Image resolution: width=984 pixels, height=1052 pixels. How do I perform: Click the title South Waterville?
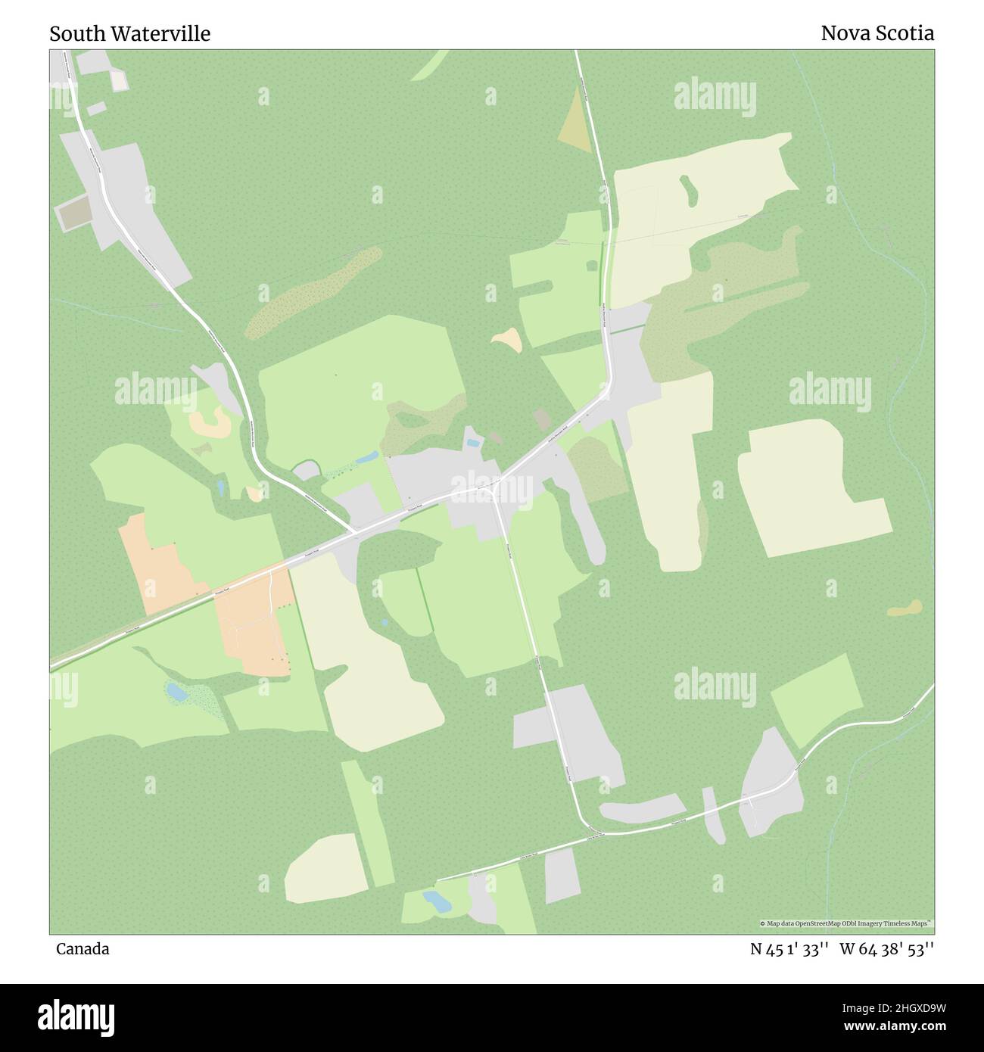click(x=129, y=34)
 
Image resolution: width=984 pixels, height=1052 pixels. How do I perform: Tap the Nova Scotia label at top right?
click(x=877, y=33)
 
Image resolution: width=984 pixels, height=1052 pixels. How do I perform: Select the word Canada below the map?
click(x=82, y=949)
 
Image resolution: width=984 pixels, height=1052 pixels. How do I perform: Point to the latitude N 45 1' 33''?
click(x=788, y=949)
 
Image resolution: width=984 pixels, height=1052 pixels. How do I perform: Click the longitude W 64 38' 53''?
click(x=886, y=949)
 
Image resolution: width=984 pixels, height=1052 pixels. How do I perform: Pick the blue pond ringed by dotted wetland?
click(x=176, y=691)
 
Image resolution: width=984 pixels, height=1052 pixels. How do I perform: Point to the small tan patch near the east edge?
click(x=905, y=608)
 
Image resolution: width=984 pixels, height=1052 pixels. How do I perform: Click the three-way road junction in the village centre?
click(x=494, y=488)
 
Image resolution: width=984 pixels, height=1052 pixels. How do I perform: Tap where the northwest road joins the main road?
click(x=354, y=532)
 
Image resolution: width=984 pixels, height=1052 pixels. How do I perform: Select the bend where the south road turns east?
click(x=587, y=825)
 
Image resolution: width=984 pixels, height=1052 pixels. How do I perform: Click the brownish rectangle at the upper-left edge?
click(x=73, y=213)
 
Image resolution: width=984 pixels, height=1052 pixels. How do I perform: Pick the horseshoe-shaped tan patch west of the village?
click(x=210, y=423)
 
